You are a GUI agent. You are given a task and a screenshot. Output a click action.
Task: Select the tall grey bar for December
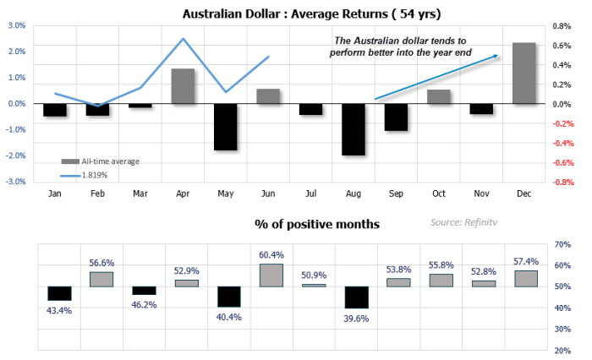[523, 74]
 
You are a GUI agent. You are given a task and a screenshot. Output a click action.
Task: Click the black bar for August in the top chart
[353, 129]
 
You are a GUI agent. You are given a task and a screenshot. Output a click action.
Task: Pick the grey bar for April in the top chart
[184, 86]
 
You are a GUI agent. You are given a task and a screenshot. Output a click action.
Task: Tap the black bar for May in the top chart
[225, 127]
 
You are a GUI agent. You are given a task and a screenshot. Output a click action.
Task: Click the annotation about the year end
[399, 46]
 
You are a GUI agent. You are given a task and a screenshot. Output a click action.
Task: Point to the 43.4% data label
[59, 310]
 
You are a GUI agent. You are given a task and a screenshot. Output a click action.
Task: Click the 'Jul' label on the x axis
[311, 194]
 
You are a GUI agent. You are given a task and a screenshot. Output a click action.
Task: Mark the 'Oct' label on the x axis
[438, 194]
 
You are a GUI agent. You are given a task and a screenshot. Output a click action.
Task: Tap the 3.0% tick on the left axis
[17, 25]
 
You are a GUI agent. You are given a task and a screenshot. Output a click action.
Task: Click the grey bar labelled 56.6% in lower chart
[101, 279]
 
